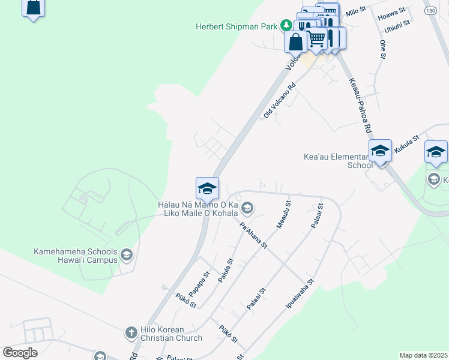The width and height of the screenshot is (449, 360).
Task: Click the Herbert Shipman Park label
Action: [237, 26]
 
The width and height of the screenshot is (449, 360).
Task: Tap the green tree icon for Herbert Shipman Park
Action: [287, 26]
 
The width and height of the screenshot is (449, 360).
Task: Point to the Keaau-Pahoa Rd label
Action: [358, 106]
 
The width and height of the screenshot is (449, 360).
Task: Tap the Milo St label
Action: [356, 11]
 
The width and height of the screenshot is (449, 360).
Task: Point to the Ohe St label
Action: [382, 49]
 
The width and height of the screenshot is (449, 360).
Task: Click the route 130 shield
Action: [429, 11]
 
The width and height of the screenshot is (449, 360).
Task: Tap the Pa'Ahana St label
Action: [253, 236]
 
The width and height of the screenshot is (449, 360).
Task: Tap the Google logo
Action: [20, 353]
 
